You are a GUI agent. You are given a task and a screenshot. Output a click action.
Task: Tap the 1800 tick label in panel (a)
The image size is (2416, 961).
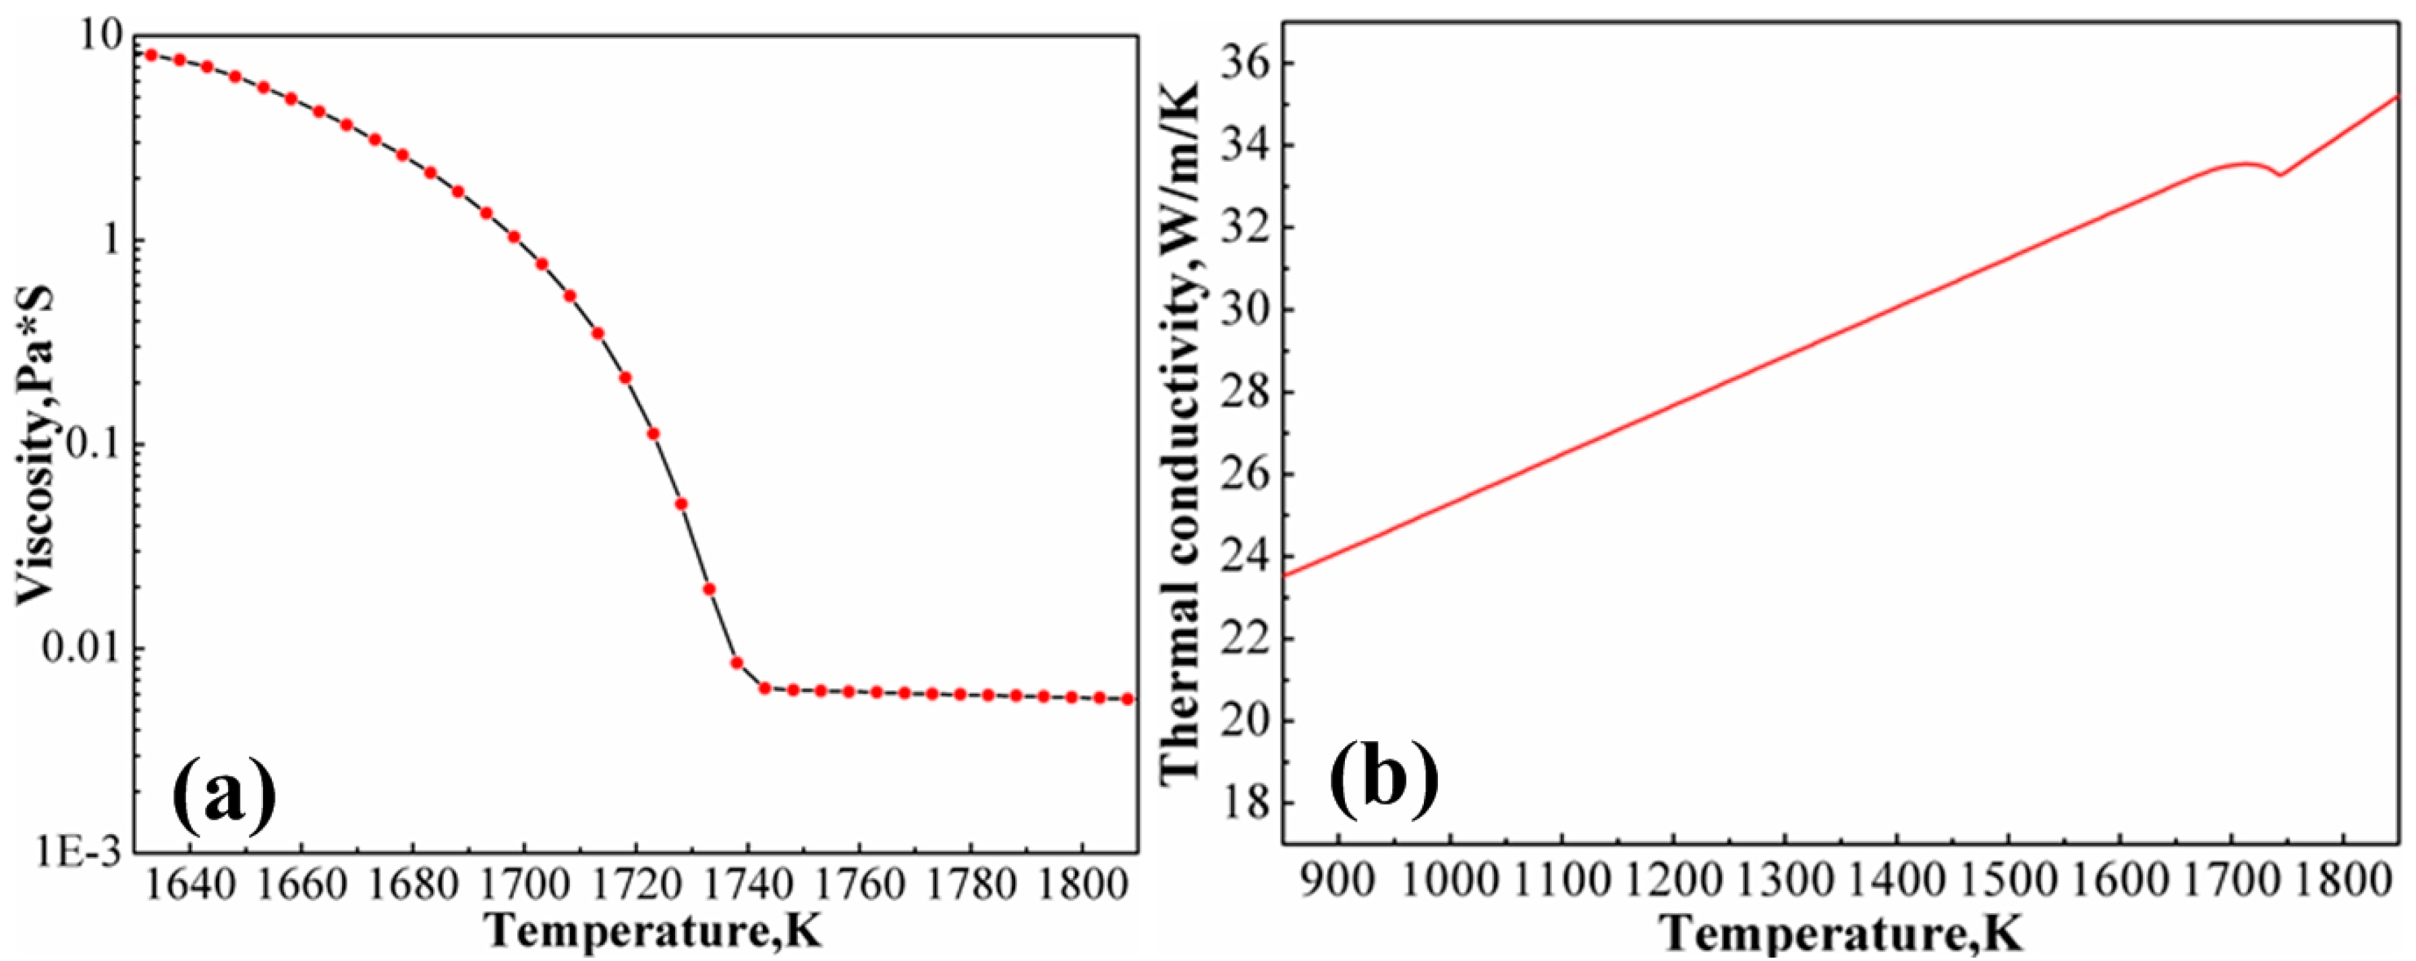(1081, 888)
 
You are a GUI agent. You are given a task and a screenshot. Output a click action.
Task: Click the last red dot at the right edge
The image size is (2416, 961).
(1128, 699)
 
